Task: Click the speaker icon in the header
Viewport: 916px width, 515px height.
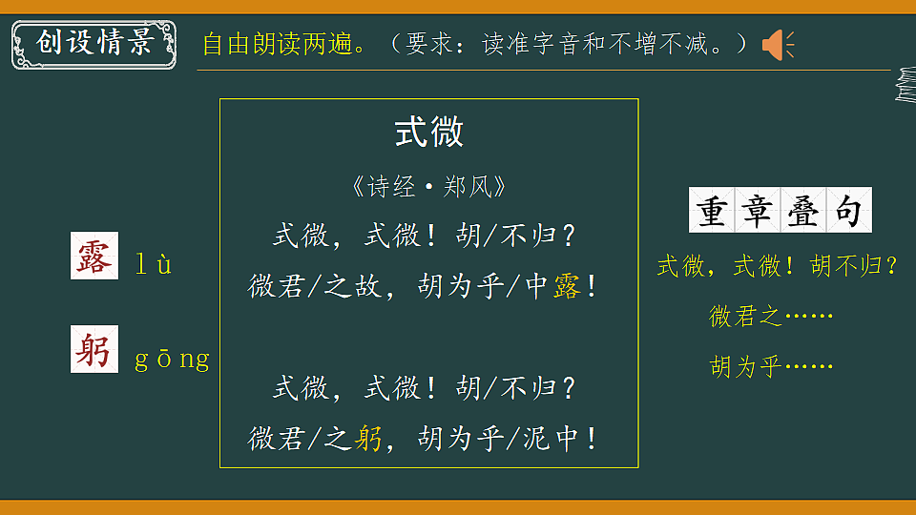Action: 777,44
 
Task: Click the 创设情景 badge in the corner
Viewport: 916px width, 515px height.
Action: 94,43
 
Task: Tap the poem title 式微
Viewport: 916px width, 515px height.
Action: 429,133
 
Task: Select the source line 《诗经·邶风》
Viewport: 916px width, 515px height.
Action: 428,186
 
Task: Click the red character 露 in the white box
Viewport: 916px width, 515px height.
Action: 94,257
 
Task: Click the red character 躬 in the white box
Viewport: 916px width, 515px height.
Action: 94,350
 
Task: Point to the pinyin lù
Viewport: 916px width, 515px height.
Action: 153,265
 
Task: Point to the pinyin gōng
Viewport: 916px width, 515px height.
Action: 172,360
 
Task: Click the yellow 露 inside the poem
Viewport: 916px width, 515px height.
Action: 566,285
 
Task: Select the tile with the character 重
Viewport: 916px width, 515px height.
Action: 711,211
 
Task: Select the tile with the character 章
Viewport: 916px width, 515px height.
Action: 757,211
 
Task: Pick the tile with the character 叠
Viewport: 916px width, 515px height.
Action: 802,211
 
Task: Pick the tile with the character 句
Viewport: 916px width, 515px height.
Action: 848,211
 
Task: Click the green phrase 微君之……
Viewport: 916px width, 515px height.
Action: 771,316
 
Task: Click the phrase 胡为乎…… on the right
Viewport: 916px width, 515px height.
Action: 771,366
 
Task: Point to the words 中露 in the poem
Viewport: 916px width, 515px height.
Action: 553,285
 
